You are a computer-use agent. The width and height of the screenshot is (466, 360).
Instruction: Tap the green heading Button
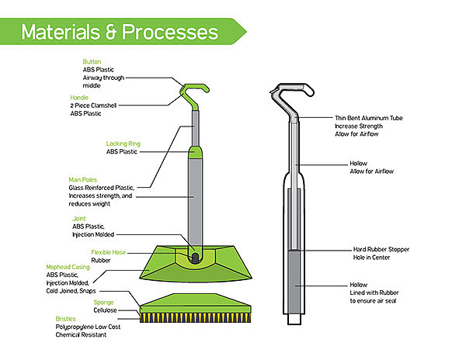[x=92, y=60]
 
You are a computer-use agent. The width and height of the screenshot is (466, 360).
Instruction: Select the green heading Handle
[x=80, y=97]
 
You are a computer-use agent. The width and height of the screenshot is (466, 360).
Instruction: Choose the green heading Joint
[x=81, y=219]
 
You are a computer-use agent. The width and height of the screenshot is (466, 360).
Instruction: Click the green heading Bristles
[x=66, y=319]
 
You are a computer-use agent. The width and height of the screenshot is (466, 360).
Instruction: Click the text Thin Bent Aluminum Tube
[x=368, y=117]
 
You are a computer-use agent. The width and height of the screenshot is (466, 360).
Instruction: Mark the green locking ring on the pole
[x=193, y=153]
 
